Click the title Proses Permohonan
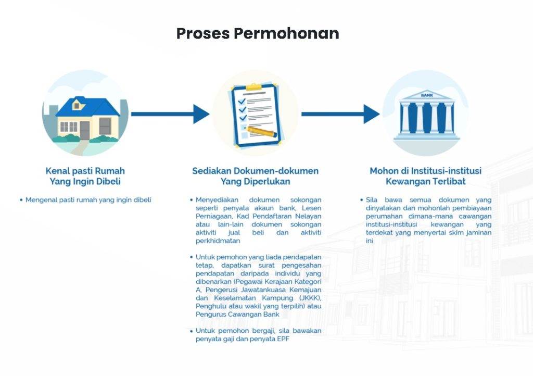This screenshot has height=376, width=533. tap(258, 33)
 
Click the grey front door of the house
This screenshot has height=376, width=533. tap(85, 130)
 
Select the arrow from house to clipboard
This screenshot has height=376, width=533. tap(170, 114)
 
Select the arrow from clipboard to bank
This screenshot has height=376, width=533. tap(340, 114)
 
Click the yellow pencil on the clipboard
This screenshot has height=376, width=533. tap(262, 132)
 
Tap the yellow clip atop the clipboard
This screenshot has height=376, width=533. tap(253, 86)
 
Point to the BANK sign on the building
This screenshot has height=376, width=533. tap(427, 95)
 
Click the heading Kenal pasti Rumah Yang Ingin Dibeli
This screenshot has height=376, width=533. tap(85, 176)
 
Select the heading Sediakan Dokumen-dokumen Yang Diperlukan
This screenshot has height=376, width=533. tap(255, 176)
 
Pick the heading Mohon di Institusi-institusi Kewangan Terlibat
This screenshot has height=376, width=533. tap(426, 176)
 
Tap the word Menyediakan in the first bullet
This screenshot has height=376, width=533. tap(217, 200)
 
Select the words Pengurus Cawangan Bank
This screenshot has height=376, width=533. tap(237, 315)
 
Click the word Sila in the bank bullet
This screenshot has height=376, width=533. tap(372, 200)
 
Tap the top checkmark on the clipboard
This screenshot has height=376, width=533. tap(242, 101)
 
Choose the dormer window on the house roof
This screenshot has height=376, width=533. tap(78, 104)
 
